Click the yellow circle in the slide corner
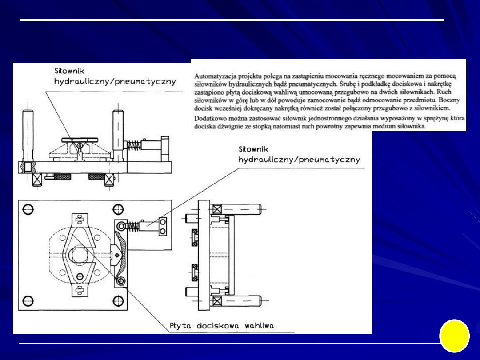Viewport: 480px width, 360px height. point(454,336)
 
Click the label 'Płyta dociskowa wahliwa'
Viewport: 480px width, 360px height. point(222,326)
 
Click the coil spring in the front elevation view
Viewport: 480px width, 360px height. point(134,145)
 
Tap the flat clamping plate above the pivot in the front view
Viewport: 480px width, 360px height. point(80,140)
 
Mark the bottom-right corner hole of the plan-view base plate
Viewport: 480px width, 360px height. point(118,300)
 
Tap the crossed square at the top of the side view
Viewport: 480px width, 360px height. point(216,209)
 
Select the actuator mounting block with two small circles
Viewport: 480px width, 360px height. point(163,226)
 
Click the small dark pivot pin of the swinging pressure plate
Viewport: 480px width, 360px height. point(116,255)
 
